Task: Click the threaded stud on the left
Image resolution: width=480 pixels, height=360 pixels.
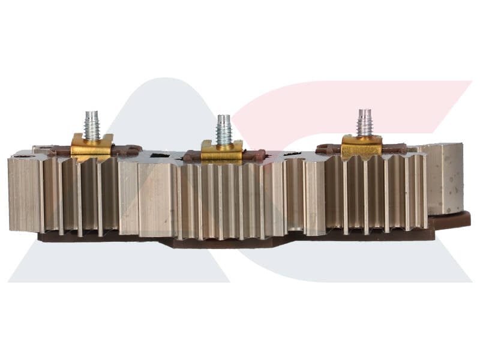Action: tap(92, 126)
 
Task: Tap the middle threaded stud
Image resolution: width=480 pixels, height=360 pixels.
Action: tap(224, 131)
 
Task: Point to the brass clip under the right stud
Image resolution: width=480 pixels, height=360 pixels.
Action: tap(361, 146)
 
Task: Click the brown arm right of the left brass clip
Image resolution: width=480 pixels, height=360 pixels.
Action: tap(127, 150)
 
